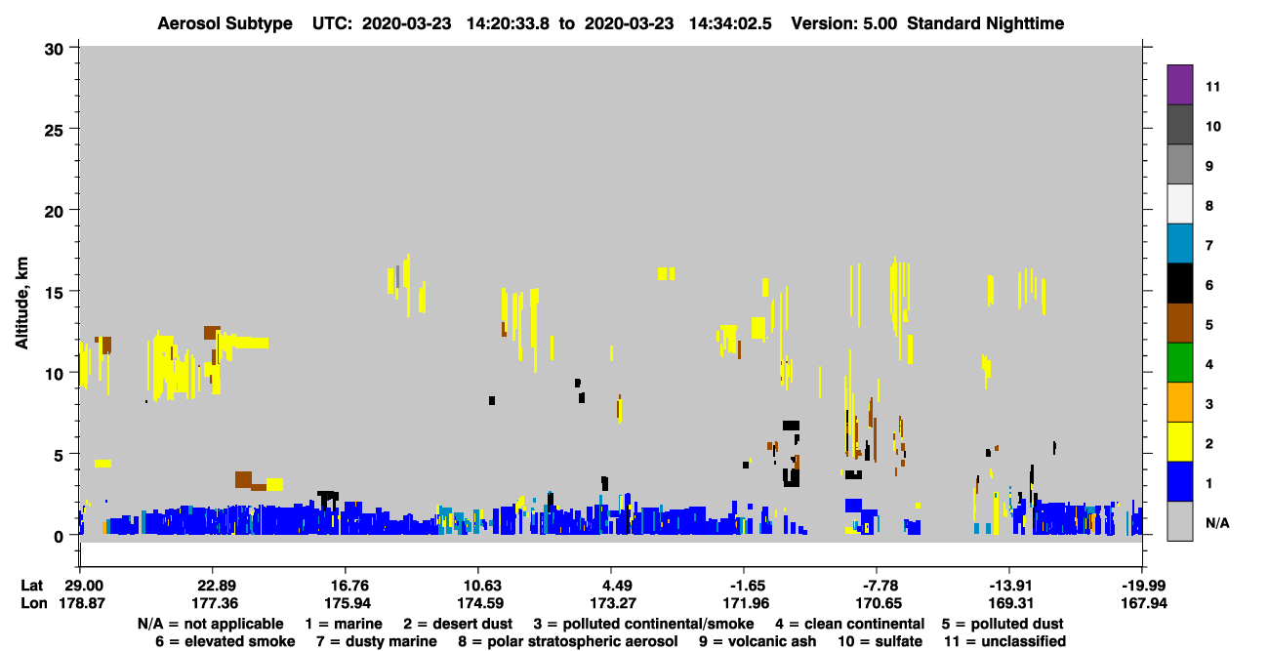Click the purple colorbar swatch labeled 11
[x=1179, y=84]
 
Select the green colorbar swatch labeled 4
[x=1179, y=363]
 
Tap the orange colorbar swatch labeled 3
[x=1179, y=402]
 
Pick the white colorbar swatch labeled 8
[x=1179, y=204]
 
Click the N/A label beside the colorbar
[x=1217, y=523]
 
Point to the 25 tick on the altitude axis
[x=55, y=130]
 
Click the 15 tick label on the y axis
[x=55, y=293]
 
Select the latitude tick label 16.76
[x=347, y=586]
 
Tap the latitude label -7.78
[x=879, y=586]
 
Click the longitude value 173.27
[x=612, y=603]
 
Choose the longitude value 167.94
[x=1144, y=603]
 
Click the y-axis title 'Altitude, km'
[x=21, y=303]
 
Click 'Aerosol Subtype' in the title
[x=225, y=23]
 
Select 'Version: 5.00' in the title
[x=844, y=23]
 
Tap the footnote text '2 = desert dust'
[x=458, y=624]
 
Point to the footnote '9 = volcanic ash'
[x=757, y=641]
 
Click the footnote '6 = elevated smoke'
[x=225, y=641]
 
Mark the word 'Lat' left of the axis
[x=31, y=586]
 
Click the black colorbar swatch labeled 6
[x=1179, y=283]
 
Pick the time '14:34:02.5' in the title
[x=730, y=23]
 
